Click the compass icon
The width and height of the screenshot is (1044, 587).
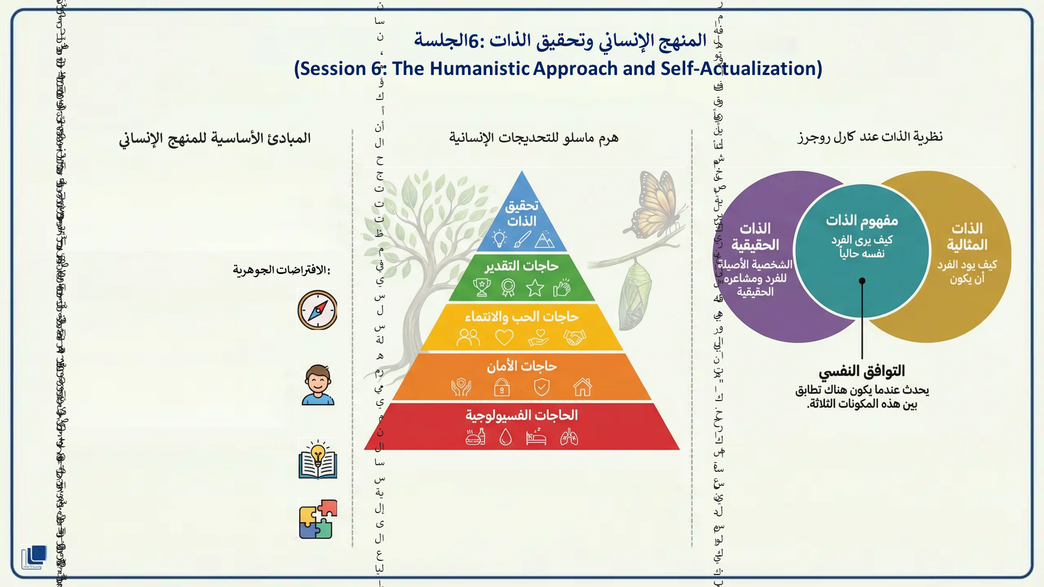tap(318, 310)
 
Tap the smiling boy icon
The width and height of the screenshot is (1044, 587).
tap(318, 385)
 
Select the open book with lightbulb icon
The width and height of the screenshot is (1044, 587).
tap(318, 459)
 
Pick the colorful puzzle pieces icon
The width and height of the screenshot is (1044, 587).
tap(318, 520)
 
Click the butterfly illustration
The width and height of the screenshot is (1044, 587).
tap(655, 204)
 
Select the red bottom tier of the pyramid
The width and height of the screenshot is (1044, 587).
tap(522, 426)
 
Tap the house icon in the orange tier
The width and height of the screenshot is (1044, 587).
tap(582, 387)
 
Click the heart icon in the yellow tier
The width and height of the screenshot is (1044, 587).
tap(504, 338)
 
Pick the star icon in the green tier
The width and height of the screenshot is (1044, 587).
tap(535, 288)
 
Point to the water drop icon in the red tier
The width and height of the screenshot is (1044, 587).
tap(506, 437)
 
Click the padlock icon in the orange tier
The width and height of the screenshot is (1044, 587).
tap(501, 387)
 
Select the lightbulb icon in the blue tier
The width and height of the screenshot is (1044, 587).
tap(499, 238)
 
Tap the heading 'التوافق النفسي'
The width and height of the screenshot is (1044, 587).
tap(862, 371)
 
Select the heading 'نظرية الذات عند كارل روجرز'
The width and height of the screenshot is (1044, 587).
tap(870, 136)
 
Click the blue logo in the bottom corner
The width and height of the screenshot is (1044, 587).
tap(34, 557)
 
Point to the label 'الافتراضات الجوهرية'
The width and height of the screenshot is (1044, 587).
tap(281, 270)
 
